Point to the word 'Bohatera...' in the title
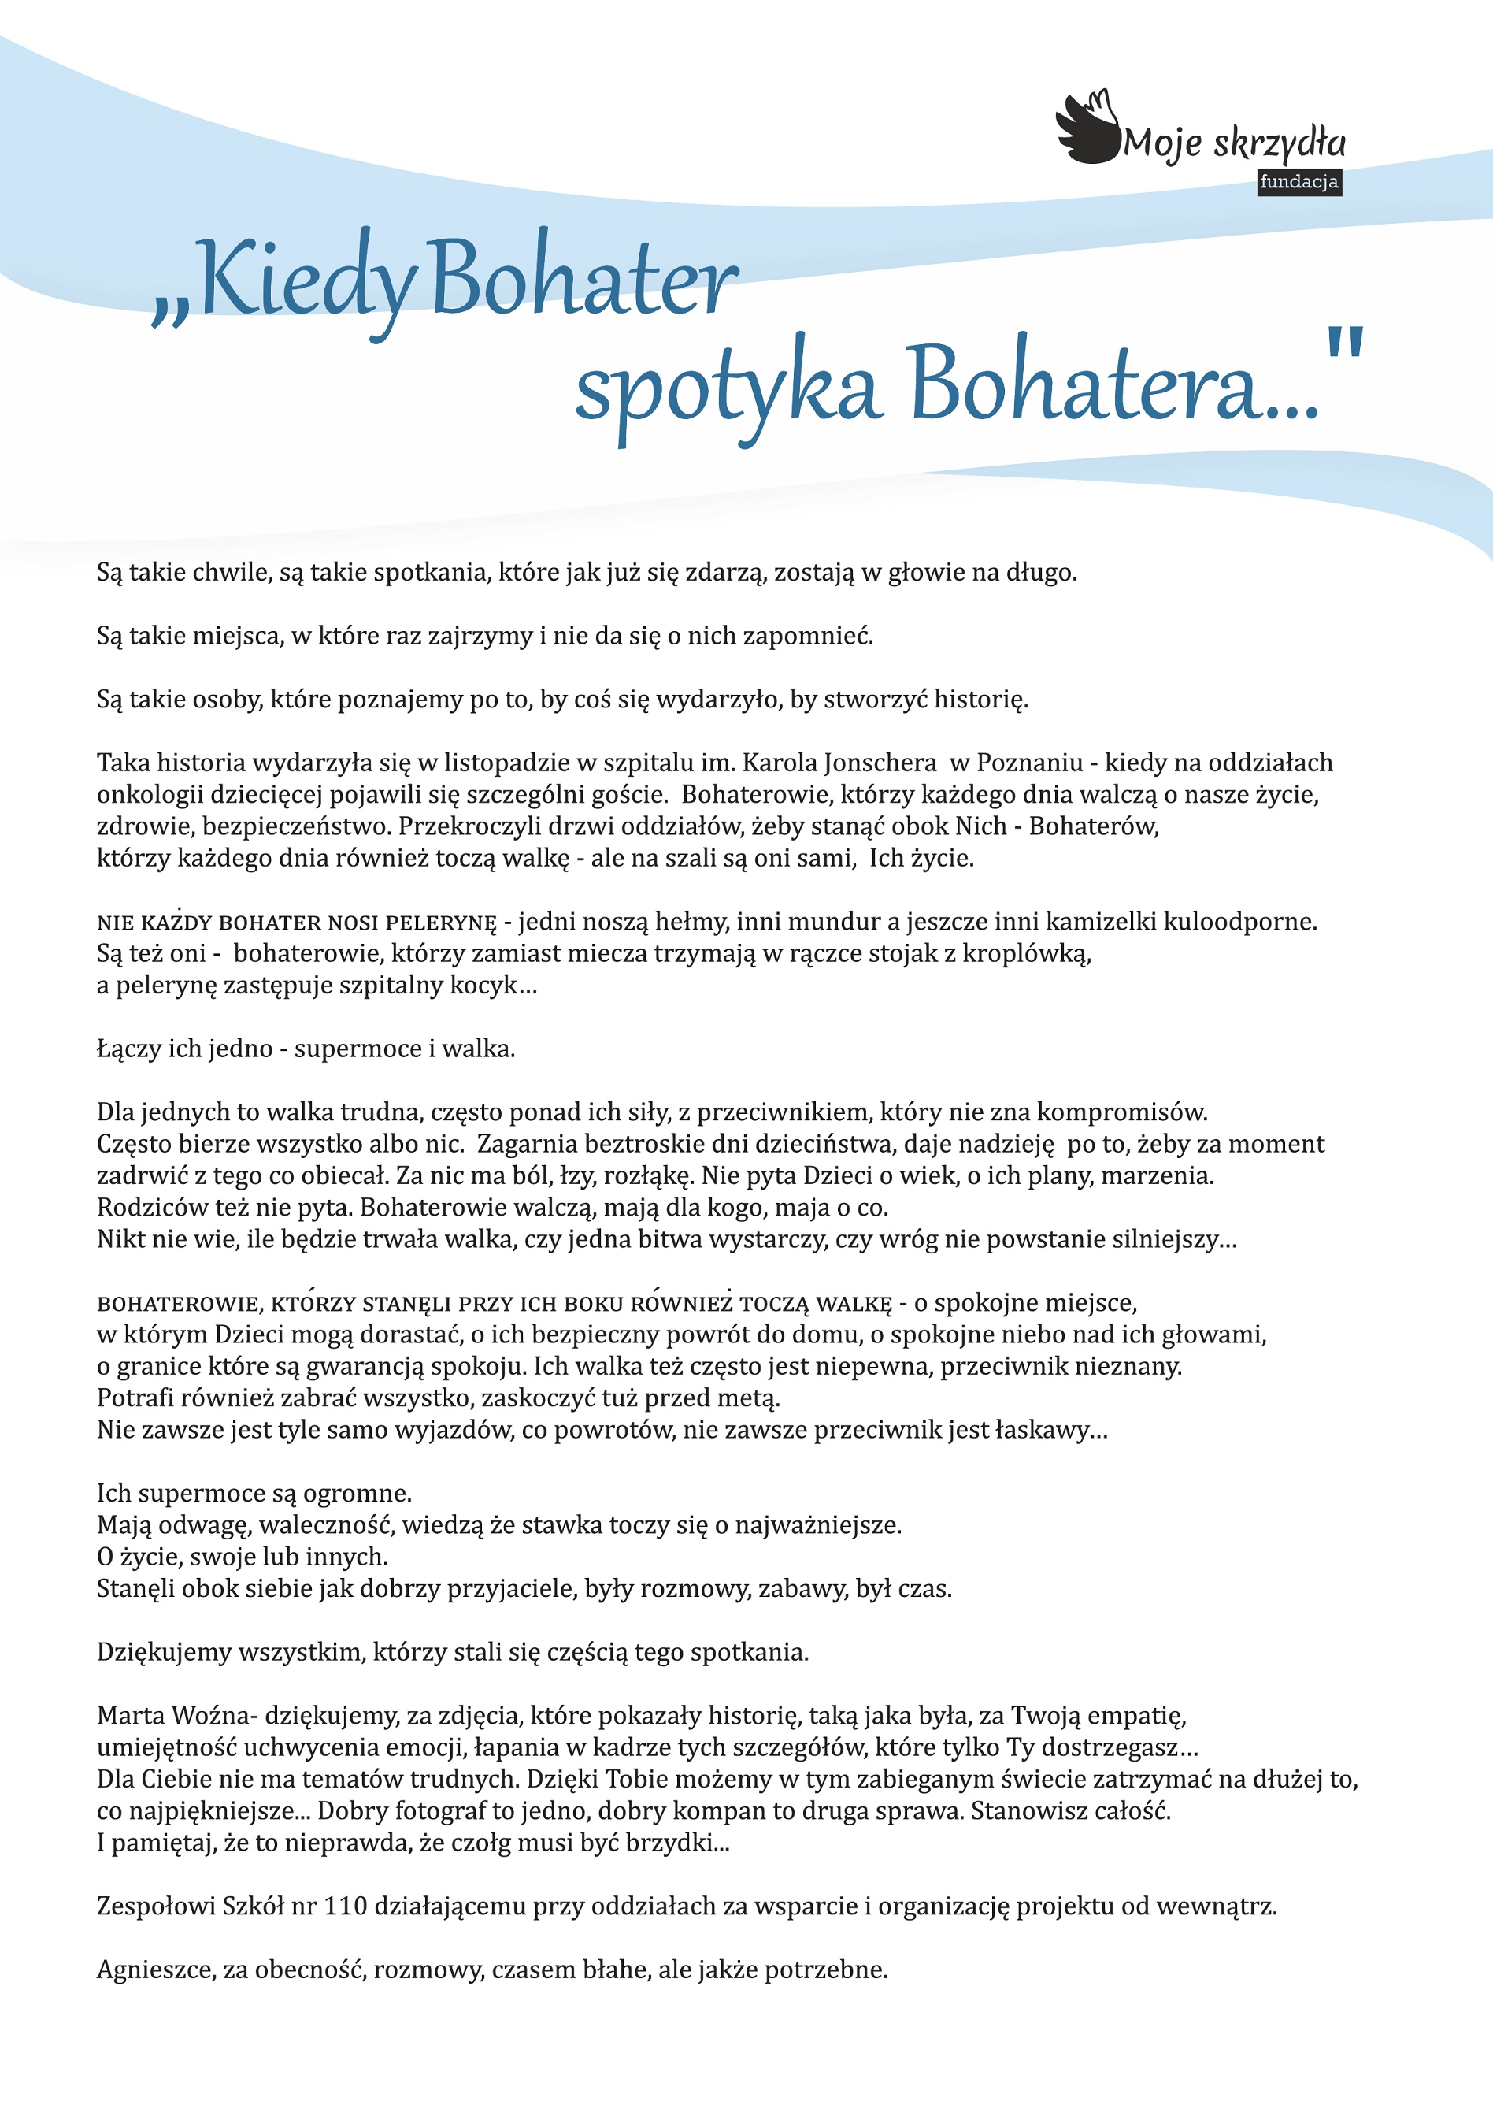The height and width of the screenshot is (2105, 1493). tap(1113, 384)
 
